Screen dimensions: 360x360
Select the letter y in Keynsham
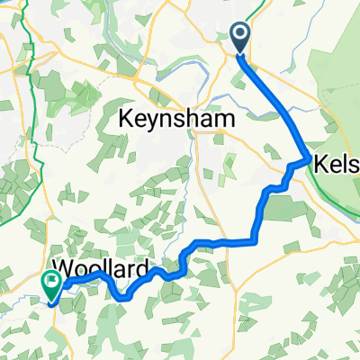pos(157,121)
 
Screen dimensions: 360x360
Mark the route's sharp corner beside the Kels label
pos(310,160)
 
